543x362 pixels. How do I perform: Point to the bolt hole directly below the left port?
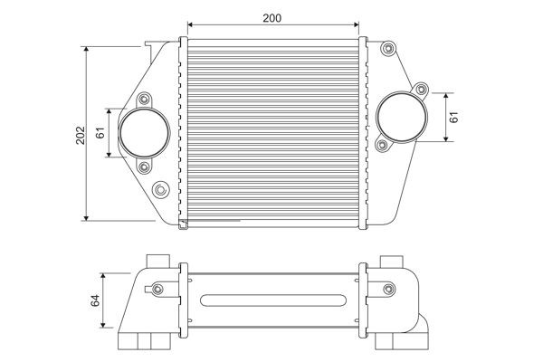coord(145,167)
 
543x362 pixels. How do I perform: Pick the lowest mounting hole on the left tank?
coord(161,190)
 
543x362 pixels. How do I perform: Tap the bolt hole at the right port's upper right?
coord(420,88)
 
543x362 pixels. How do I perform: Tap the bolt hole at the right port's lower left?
coord(383,145)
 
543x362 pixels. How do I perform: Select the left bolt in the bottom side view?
coord(158,289)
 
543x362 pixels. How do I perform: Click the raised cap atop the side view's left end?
coord(155,261)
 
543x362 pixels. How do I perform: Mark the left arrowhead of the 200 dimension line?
coord(187,27)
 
